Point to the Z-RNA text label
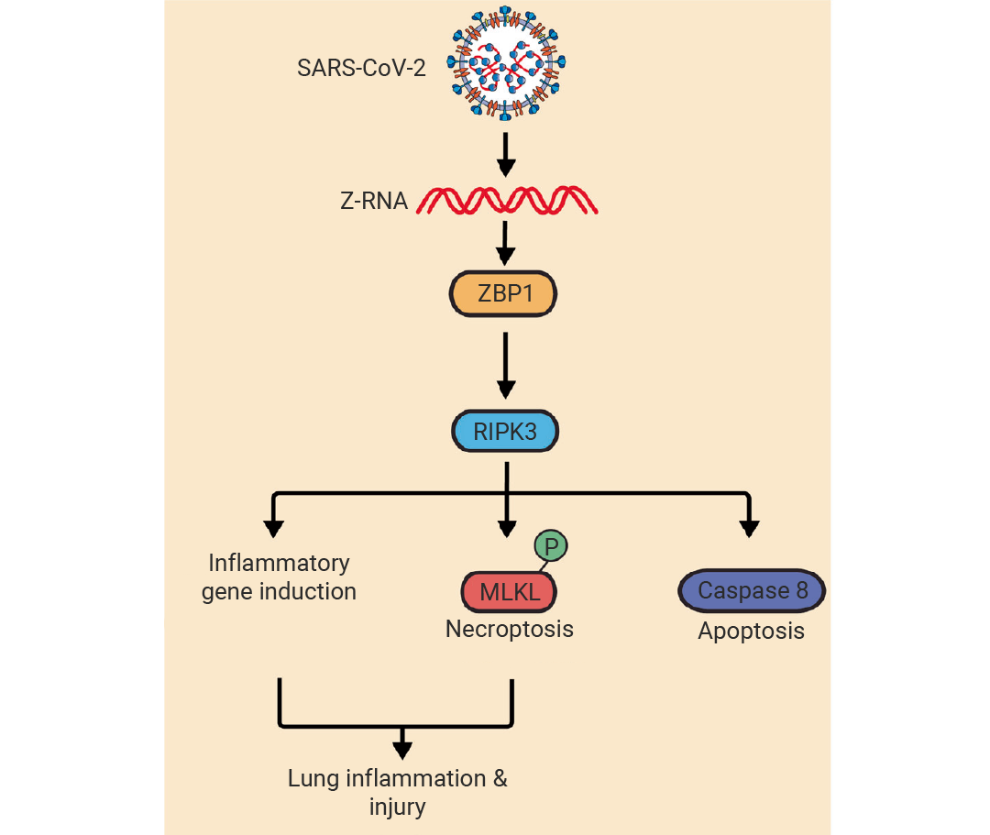click(x=372, y=201)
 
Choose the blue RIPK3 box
click(x=505, y=431)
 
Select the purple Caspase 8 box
click(x=753, y=591)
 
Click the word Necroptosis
click(x=509, y=630)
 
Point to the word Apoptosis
click(x=751, y=632)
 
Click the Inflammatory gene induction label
click(x=279, y=577)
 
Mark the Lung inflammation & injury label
click(x=398, y=793)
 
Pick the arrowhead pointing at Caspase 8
click(x=750, y=528)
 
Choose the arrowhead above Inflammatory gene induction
click(x=272, y=528)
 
